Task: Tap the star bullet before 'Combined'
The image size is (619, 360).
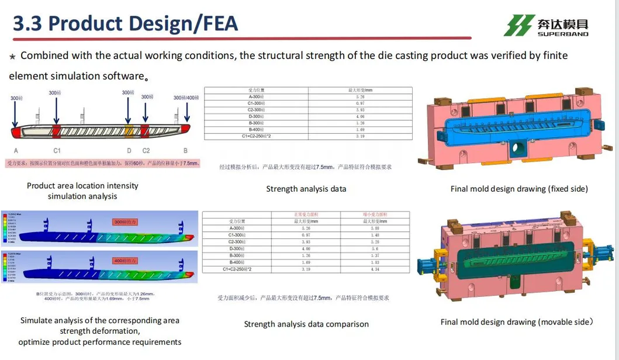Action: pos(12,56)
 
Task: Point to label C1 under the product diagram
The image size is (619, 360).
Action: pos(57,151)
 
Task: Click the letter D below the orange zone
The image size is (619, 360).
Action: pos(129,151)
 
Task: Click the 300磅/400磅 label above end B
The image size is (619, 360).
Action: pos(186,98)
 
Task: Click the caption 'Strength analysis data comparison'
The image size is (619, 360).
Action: pos(306,324)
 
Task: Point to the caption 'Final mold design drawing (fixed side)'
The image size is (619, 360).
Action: pos(519,189)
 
